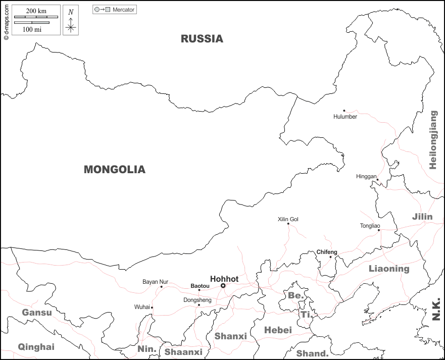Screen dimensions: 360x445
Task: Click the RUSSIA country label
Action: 202,38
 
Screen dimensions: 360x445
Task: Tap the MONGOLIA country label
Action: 114,170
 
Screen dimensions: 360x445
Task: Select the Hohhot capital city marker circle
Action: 223,286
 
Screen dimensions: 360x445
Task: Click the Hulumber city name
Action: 345,117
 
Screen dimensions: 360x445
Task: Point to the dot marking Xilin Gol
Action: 288,224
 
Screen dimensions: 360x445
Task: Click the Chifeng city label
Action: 326,252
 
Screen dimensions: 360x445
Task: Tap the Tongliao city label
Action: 370,226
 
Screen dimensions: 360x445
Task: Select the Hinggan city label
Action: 366,177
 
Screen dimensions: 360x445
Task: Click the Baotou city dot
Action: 199,290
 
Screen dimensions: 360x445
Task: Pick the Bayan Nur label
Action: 155,282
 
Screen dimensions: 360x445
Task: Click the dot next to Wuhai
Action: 152,307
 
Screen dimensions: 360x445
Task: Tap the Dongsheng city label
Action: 197,300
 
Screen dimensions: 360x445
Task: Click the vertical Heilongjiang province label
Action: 433,139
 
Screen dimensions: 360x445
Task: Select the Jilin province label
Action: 422,217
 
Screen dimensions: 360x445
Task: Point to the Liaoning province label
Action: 389,269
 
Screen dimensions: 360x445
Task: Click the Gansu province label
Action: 36,313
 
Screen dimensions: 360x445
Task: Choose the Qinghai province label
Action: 36,347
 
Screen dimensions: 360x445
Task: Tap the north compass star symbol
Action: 71,28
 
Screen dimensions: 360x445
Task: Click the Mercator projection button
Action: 115,10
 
